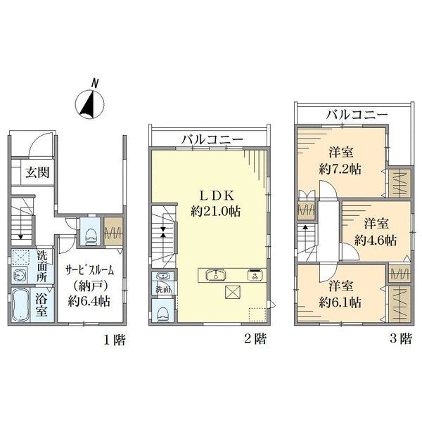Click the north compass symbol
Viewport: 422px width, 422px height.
89,103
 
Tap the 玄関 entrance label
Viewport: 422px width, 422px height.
37,172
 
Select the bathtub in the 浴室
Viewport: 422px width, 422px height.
20,305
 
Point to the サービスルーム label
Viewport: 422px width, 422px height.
90,270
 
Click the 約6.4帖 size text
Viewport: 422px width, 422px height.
89,301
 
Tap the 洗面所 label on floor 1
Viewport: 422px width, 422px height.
41,267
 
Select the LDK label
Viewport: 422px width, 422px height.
216,196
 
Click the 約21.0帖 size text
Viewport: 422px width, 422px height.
216,211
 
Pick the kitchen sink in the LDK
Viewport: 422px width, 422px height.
216,275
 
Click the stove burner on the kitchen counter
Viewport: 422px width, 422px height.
253,275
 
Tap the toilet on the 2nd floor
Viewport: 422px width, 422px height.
163,314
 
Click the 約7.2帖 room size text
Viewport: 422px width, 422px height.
340,170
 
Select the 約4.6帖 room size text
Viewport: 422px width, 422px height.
375,240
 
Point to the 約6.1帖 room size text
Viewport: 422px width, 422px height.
340,302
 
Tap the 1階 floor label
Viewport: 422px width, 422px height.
115,340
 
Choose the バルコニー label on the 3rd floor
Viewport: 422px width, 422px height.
357,115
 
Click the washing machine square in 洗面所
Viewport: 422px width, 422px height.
19,257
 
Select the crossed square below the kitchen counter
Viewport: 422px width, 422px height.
233,292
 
